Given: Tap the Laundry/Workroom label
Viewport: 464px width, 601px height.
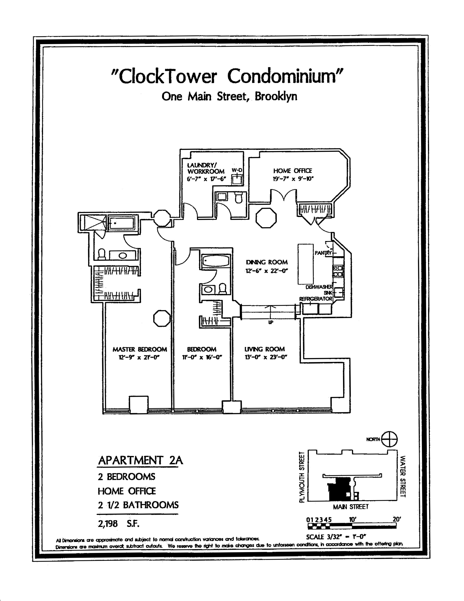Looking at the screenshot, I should [206, 168].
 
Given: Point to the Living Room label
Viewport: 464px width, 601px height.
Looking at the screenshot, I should [265, 349].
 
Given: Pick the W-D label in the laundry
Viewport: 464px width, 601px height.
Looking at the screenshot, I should [237, 170].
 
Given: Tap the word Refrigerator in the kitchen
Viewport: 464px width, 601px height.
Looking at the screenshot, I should [316, 299].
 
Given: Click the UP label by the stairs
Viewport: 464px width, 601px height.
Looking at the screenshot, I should [271, 322].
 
